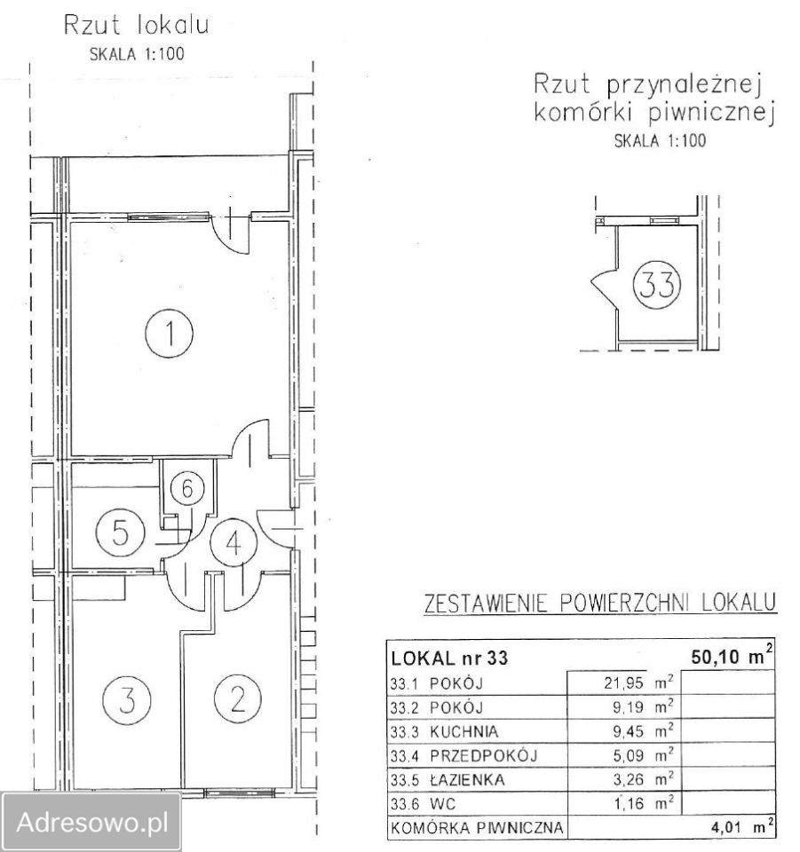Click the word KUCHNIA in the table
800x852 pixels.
coord(463,731)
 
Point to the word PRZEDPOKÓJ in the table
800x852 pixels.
coord(483,754)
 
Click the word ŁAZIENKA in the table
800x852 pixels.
coord(467,779)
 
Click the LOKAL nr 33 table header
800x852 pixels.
coord(449,658)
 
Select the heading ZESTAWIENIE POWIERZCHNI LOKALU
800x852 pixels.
coord(600,603)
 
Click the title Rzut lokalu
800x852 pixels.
coord(136,25)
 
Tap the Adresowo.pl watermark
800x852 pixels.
coord(91,823)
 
